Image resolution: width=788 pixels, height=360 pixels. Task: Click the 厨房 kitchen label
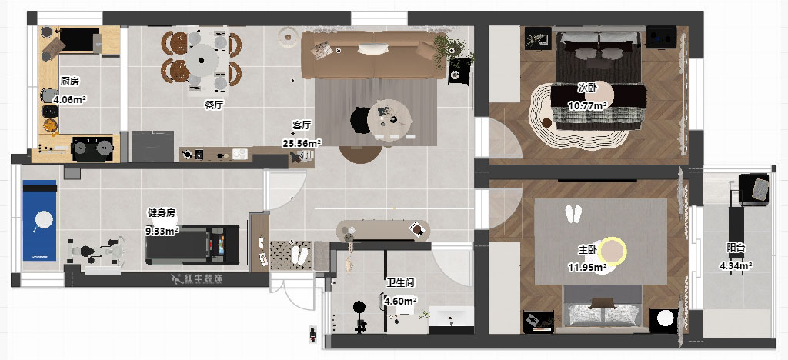click(x=69, y=81)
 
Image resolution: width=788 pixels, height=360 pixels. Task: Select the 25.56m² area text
click(x=302, y=144)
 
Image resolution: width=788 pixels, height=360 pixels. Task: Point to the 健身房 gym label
click(x=162, y=213)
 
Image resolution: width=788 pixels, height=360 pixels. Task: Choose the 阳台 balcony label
click(x=736, y=248)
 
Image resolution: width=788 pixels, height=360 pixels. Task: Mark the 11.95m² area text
click(x=587, y=268)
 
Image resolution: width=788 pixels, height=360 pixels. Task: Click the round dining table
click(x=202, y=60)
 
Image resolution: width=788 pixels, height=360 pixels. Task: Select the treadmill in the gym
click(x=192, y=245)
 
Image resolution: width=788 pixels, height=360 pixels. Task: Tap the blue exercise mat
click(x=39, y=221)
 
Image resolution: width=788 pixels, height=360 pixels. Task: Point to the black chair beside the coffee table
click(x=360, y=121)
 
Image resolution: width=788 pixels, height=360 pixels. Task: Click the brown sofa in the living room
click(x=375, y=55)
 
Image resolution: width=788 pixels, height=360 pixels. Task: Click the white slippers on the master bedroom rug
click(x=573, y=214)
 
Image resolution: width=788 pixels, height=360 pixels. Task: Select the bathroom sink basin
click(x=451, y=318)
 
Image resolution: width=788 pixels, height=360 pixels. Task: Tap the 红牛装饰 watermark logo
click(x=196, y=278)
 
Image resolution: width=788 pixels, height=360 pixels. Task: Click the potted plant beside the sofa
click(x=449, y=48)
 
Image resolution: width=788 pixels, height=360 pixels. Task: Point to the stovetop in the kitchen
click(x=92, y=148)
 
